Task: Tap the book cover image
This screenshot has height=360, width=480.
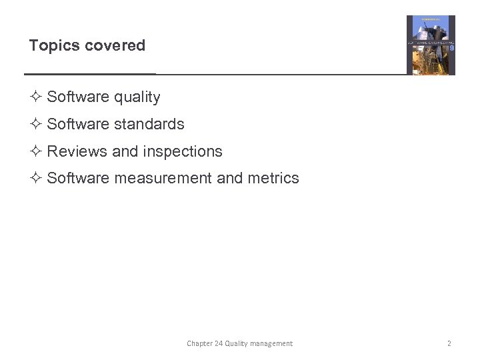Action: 431,45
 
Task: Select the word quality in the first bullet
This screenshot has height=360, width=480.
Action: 137,97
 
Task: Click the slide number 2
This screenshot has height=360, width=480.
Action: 449,343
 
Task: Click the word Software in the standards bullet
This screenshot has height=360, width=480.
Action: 78,124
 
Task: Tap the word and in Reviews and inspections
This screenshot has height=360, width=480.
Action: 125,151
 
